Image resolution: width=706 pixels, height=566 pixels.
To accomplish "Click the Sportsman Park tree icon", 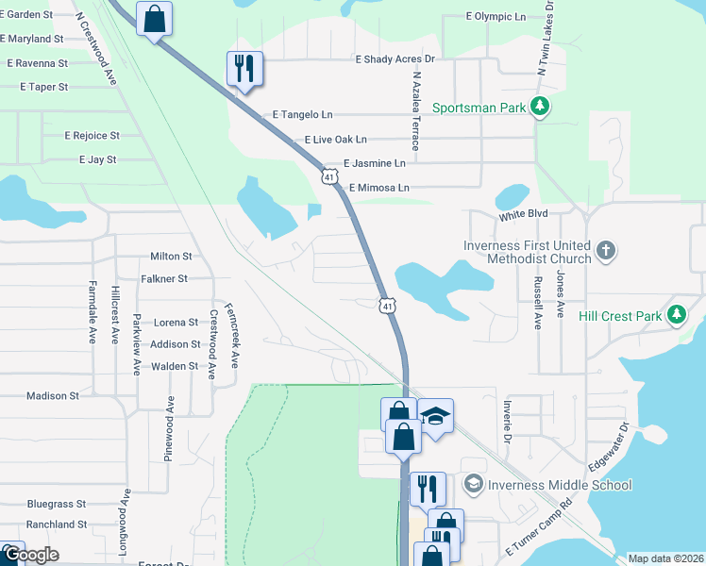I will (x=540, y=108).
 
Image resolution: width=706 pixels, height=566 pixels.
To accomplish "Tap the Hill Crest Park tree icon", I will (x=676, y=316).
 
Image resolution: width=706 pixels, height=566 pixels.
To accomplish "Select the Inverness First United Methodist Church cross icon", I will (x=606, y=252).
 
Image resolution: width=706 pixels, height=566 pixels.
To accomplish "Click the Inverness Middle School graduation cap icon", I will (x=474, y=485).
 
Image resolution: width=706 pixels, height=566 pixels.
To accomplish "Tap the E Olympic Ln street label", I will (x=496, y=17).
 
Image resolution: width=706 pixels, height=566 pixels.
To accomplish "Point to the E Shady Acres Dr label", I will (x=395, y=58).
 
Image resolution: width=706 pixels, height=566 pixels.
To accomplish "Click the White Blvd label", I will (x=524, y=215).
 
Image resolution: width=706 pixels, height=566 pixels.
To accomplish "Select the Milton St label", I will (x=171, y=256).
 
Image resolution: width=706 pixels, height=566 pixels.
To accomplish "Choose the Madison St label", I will (x=52, y=396).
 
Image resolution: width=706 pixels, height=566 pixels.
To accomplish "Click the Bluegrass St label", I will (x=57, y=504).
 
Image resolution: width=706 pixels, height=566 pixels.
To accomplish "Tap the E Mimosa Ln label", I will (x=378, y=188).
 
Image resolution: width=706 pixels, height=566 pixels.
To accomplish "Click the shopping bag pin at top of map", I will (x=155, y=19).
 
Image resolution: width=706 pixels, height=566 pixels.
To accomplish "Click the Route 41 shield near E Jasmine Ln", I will (x=329, y=176).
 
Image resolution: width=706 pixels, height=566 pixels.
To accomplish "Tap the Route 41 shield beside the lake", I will (x=388, y=305).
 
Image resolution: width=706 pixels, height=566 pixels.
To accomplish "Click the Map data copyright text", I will (x=665, y=558).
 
